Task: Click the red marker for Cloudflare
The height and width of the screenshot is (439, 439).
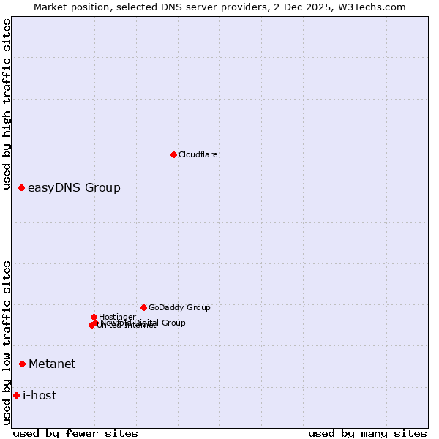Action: click(173, 154)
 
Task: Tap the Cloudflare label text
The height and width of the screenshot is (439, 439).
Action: click(198, 154)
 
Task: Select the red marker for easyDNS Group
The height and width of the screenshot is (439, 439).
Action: click(22, 188)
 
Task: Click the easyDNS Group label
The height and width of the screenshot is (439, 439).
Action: click(74, 188)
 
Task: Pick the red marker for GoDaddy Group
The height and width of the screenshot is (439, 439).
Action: click(143, 307)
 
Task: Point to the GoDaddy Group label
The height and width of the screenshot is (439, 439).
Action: click(179, 307)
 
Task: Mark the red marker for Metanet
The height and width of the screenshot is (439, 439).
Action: click(23, 364)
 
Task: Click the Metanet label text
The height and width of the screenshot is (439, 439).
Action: click(52, 364)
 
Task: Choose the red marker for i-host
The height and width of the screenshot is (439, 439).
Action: click(16, 396)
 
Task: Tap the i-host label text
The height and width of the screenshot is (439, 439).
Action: click(40, 396)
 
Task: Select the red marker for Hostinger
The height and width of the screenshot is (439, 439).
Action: click(94, 317)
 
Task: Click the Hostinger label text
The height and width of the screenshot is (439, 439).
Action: click(117, 317)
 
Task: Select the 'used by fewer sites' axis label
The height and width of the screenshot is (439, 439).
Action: click(75, 433)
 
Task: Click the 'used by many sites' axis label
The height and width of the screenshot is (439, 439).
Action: click(367, 433)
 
